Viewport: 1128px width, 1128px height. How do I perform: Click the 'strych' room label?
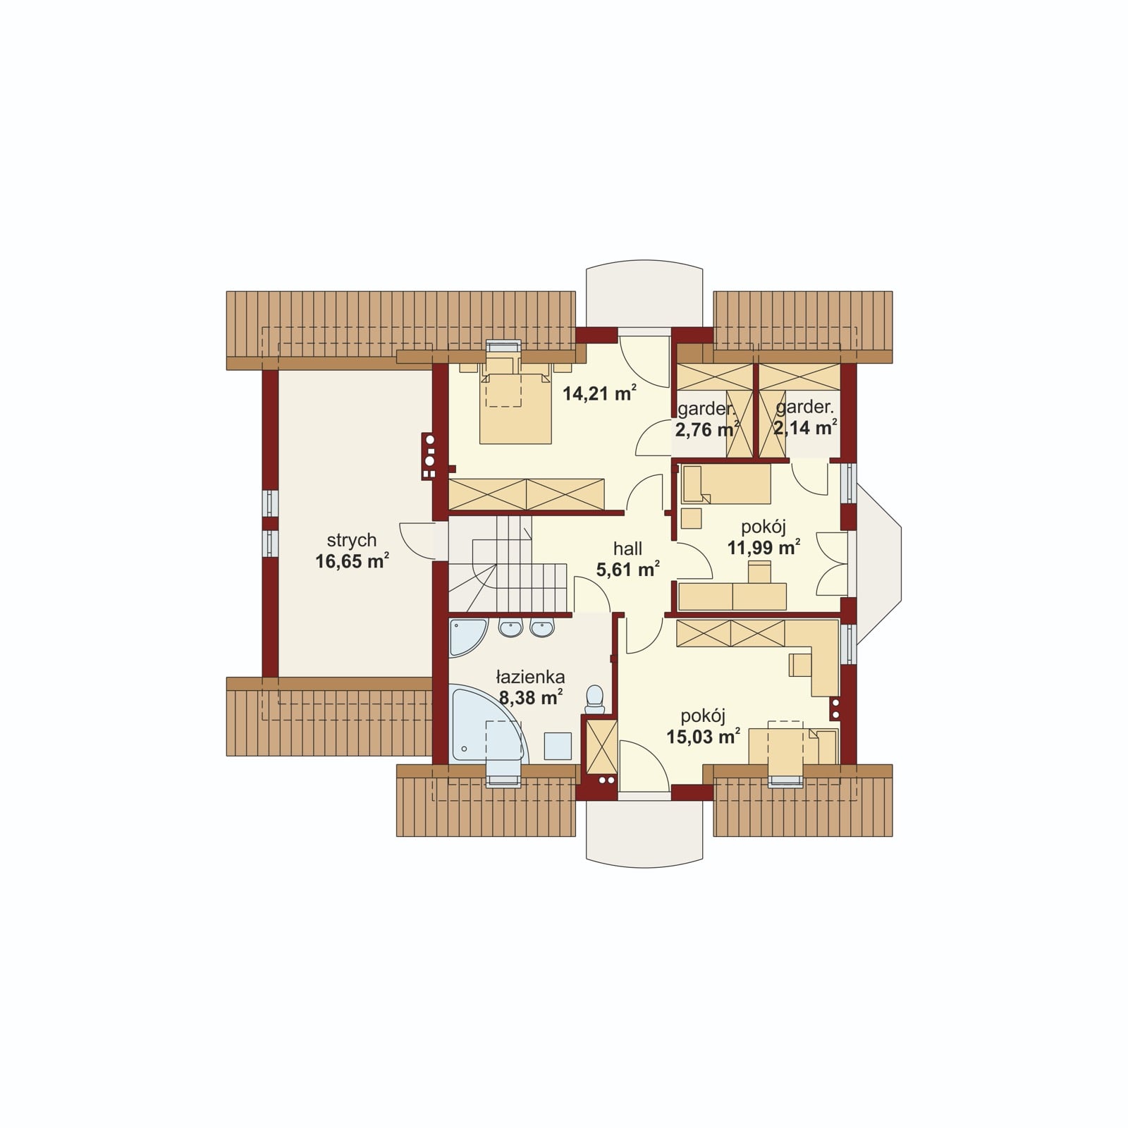pyautogui.click(x=351, y=541)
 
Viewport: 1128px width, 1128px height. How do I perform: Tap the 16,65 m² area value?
pyautogui.click(x=352, y=561)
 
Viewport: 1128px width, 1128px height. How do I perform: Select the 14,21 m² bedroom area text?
pyautogui.click(x=599, y=393)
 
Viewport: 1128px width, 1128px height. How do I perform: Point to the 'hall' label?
pyautogui.click(x=627, y=548)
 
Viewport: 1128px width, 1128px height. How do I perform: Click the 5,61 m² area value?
pyautogui.click(x=627, y=569)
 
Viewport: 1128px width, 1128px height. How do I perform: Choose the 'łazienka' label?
pyautogui.click(x=530, y=678)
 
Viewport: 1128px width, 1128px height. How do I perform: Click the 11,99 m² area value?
pyautogui.click(x=764, y=547)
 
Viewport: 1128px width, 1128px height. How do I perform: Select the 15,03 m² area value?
pyautogui.click(x=703, y=737)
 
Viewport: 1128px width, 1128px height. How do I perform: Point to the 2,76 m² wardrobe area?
pyautogui.click(x=707, y=429)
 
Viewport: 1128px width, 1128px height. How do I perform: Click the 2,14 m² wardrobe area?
pyautogui.click(x=805, y=427)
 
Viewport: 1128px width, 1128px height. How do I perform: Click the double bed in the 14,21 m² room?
pyautogui.click(x=515, y=405)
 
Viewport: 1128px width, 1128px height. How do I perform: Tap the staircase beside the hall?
pyautogui.click(x=508, y=564)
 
